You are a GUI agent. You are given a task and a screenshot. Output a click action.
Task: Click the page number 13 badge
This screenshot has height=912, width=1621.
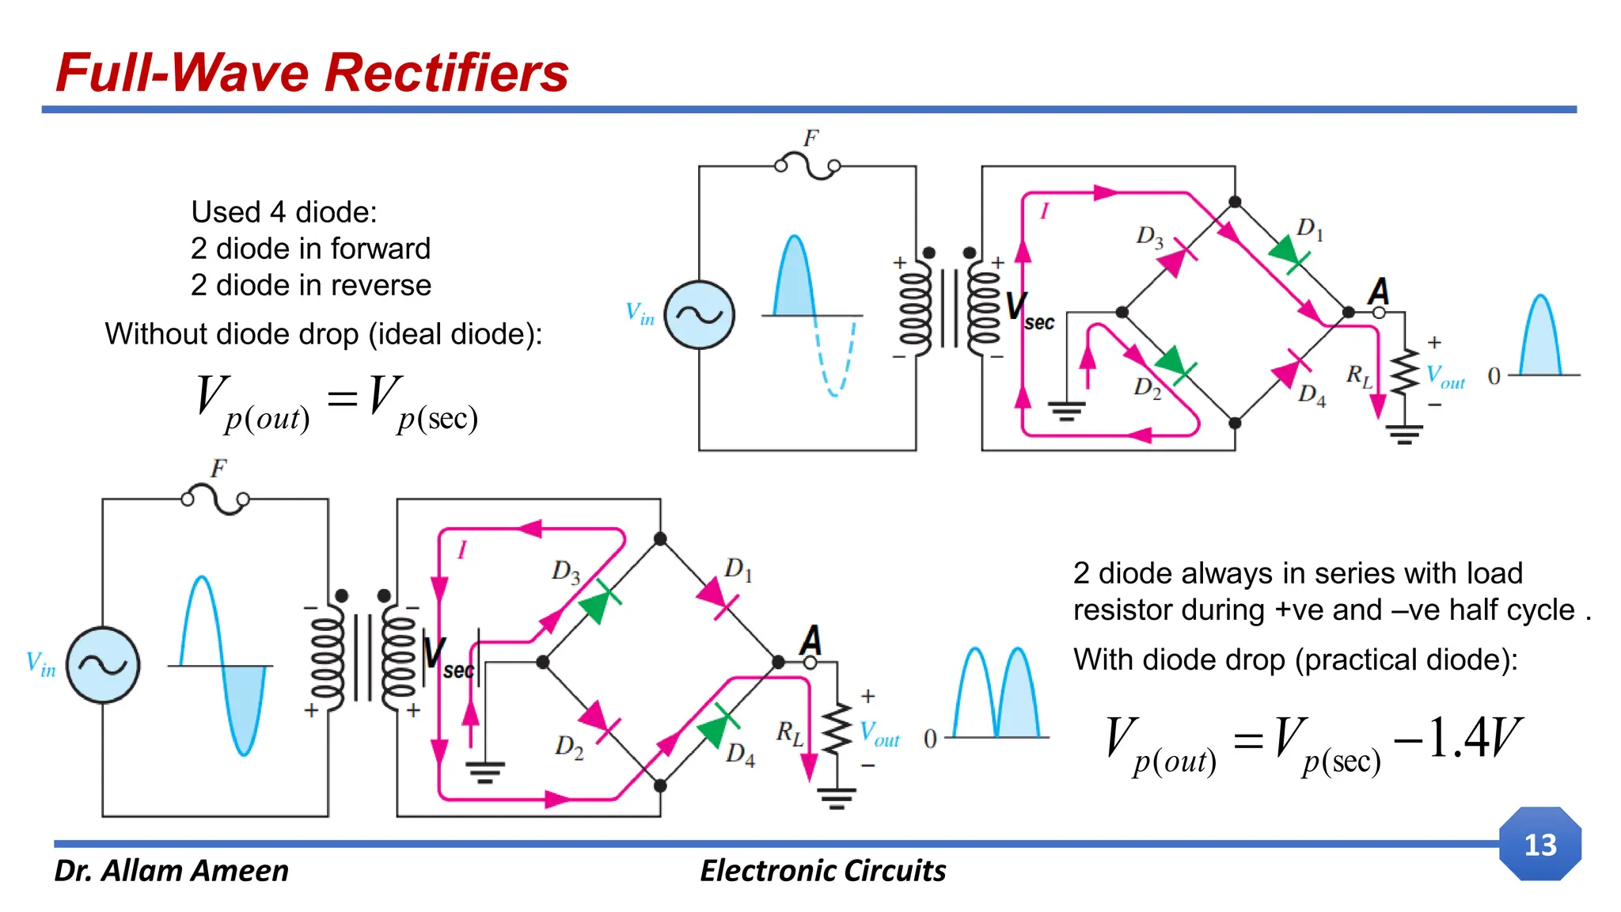(1539, 844)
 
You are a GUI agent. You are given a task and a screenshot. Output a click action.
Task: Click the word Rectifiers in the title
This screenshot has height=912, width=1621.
(446, 73)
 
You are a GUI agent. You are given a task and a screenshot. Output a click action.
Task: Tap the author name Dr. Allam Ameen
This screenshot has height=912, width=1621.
(171, 870)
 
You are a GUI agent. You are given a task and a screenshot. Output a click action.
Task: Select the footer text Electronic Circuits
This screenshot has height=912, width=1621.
(822, 870)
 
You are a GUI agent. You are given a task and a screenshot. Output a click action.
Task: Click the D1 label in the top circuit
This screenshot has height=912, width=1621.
(1309, 229)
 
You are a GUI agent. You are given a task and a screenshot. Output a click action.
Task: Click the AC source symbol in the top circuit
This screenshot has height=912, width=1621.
(699, 315)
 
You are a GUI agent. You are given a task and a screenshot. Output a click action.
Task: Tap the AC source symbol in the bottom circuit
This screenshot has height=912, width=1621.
(103, 665)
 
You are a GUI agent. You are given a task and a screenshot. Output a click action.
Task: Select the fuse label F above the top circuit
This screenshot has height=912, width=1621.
(810, 139)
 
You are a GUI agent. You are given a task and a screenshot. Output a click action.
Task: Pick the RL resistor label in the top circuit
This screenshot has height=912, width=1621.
(1358, 375)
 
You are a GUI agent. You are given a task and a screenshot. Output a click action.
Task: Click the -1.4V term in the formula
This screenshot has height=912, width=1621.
(1456, 738)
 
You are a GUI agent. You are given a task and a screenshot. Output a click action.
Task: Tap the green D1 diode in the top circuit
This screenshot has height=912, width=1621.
(1286, 254)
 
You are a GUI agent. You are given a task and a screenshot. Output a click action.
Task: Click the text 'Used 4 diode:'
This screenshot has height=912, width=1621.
(284, 212)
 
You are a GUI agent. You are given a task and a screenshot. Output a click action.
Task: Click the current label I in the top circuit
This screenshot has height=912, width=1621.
(1044, 211)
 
